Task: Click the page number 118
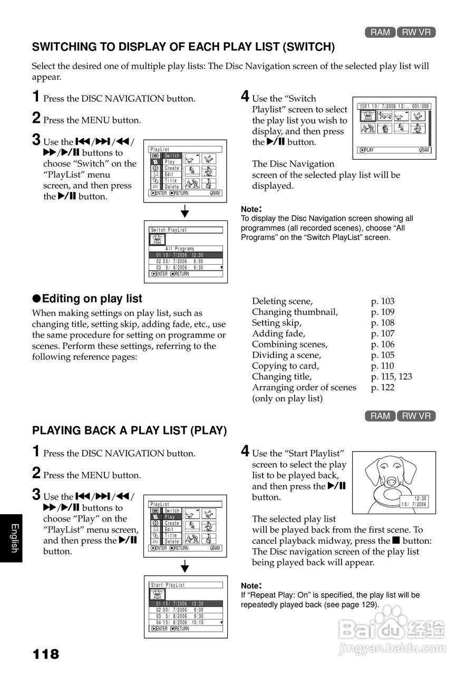(x=46, y=654)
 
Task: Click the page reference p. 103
(x=382, y=301)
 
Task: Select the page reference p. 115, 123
(x=391, y=377)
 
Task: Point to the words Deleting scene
(x=282, y=301)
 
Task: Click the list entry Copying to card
(x=285, y=366)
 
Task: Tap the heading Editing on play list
(x=92, y=298)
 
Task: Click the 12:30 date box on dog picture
(x=414, y=502)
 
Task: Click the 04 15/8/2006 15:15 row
(x=180, y=622)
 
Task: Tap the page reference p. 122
(x=382, y=388)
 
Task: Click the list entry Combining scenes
(x=289, y=344)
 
